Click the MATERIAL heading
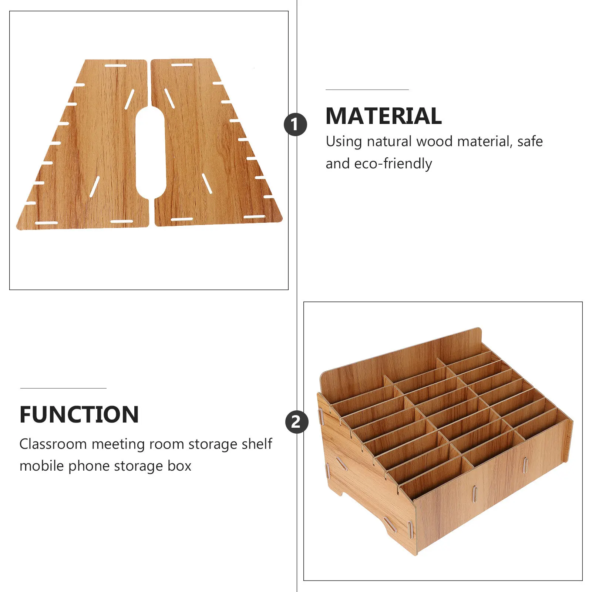pos(383,116)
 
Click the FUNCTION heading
pos(79,414)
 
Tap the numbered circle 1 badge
pos(295,124)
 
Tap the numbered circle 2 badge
pos(296,422)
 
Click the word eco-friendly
pos(393,164)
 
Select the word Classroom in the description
pos(53,444)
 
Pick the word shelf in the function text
pos(257,444)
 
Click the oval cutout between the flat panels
pos(150,152)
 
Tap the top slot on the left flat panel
pos(115,65)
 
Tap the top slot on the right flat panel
pos(181,65)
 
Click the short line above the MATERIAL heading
pos(367,90)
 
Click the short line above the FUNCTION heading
pos(63,388)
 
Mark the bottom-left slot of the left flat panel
pos(46,223)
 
